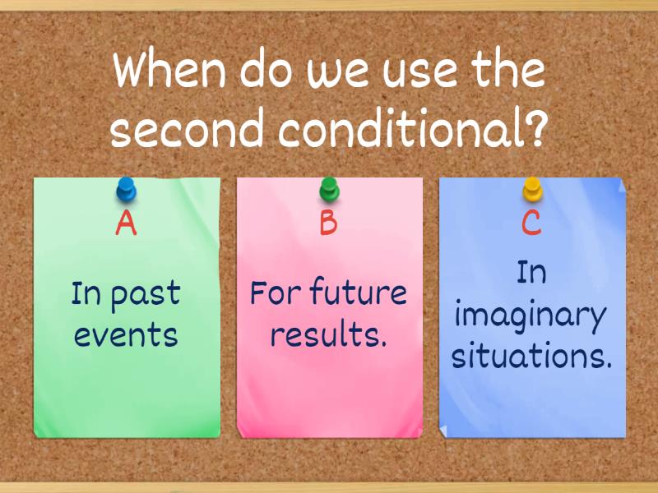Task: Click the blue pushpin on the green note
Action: pyautogui.click(x=126, y=191)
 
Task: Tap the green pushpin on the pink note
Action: pyautogui.click(x=329, y=191)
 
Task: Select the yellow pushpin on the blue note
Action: pyautogui.click(x=532, y=191)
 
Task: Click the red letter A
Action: pyautogui.click(x=126, y=223)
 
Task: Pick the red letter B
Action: pyautogui.click(x=329, y=223)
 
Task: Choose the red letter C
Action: pyautogui.click(x=532, y=223)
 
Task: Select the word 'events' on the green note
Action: pyautogui.click(x=126, y=335)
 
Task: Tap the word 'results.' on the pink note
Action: pyautogui.click(x=329, y=335)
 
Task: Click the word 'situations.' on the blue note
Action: pyautogui.click(x=532, y=357)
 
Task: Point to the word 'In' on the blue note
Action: pyautogui.click(x=531, y=273)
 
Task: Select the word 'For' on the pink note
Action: pyautogui.click(x=273, y=293)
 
